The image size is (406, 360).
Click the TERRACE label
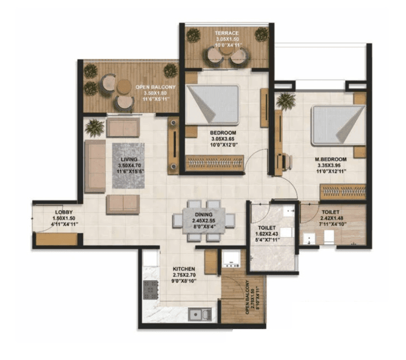227,34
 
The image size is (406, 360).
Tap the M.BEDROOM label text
330,160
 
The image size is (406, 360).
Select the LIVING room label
128,159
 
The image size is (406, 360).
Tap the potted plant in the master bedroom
286,101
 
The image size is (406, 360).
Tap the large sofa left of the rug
95,166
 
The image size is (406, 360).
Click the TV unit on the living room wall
174,147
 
